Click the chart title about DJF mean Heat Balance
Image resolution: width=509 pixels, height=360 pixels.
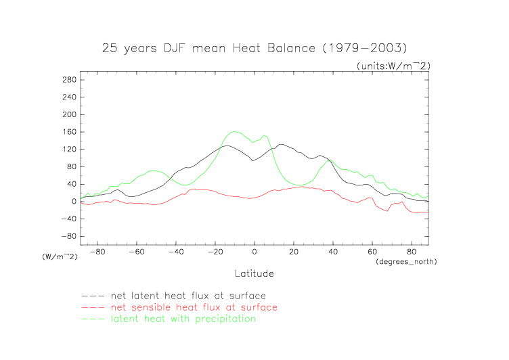254,48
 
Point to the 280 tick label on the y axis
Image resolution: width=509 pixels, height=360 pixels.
68,80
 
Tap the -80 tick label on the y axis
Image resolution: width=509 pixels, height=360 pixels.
66,237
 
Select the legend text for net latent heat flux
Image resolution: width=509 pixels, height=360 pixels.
189,296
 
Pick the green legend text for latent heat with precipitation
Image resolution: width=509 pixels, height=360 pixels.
184,319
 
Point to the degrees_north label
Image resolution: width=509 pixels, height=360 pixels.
405,261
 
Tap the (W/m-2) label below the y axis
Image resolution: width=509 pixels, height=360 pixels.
59,257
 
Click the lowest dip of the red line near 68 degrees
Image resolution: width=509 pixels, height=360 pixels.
387,211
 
